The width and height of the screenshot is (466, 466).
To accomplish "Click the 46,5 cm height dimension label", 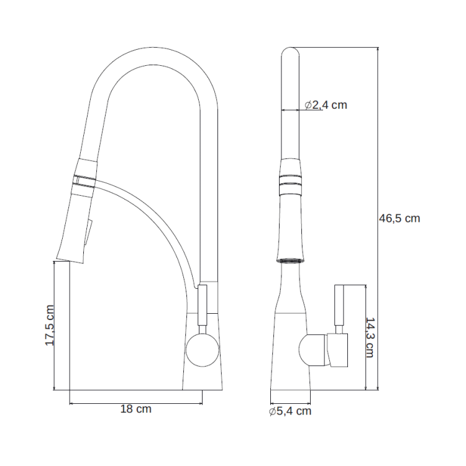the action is coord(399,219).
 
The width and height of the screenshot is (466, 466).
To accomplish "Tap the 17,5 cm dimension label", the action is coord(50,325).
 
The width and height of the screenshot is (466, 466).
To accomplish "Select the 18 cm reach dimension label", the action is coord(136,409).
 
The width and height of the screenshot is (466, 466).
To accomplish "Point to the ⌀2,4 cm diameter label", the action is coord(326,104).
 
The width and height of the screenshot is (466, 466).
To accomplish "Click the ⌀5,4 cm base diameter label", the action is coord(290,411).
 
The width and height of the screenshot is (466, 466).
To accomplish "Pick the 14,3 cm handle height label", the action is coord(370,337).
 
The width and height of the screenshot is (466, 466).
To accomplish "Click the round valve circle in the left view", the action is coord(203,350).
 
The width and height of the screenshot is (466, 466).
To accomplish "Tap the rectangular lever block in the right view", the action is coord(337,350).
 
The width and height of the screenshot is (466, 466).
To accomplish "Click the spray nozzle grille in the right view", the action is coord(290,260).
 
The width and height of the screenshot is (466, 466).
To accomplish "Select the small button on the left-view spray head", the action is coord(89,233).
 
